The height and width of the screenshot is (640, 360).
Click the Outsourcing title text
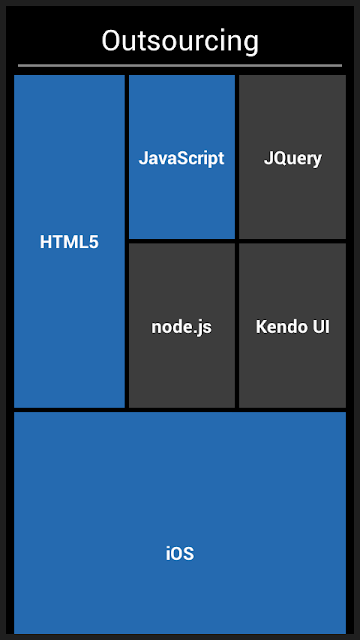[x=180, y=42]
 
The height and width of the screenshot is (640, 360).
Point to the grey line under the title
[x=180, y=65]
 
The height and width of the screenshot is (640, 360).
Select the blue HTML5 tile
[x=69, y=241]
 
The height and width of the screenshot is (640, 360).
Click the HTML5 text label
[x=69, y=242]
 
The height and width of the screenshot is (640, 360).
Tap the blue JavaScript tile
[x=182, y=157]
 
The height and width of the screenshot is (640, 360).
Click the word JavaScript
[x=182, y=158]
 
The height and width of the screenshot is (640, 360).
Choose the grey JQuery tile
[x=292, y=157]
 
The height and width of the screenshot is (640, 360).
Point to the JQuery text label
[x=293, y=159]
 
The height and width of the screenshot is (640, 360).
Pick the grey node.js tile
[x=182, y=325]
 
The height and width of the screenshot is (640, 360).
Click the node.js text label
[x=182, y=327]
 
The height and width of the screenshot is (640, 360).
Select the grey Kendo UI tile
[x=292, y=325]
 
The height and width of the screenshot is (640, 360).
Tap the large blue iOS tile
[x=180, y=523]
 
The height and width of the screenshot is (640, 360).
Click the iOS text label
[x=180, y=554]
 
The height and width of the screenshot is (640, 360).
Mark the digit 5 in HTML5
[x=94, y=242]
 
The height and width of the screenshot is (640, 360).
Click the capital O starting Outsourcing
[x=111, y=41]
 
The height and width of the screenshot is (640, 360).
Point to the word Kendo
[x=281, y=327]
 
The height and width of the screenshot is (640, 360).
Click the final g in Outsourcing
[x=251, y=44]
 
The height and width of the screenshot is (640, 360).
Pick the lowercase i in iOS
[x=168, y=554]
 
